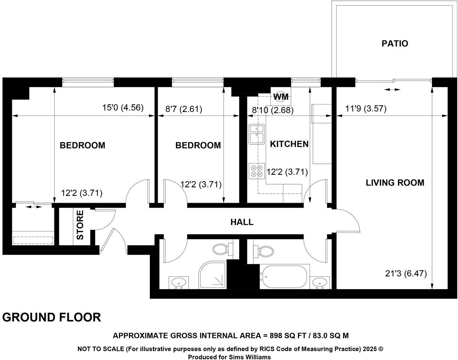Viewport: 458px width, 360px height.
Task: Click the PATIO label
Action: coord(395,44)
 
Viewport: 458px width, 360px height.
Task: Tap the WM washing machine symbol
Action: coord(281,96)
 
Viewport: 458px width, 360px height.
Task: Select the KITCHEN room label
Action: coord(289,144)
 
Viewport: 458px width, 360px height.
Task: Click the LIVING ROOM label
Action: coord(395,183)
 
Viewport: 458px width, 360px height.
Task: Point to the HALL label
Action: coord(242,222)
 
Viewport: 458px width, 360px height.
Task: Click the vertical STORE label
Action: coord(80,225)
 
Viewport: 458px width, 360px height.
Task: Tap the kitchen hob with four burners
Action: coord(257,171)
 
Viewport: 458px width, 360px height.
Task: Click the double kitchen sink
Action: coord(257,134)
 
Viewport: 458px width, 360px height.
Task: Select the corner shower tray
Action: coord(212,275)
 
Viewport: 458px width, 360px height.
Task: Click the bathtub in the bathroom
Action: coord(284,276)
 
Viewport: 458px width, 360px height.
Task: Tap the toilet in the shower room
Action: coord(223,249)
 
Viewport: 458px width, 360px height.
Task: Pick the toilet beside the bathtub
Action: coord(263,251)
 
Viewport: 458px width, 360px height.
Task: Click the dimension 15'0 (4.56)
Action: coord(123,108)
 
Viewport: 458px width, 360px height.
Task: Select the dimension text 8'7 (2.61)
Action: coord(184,109)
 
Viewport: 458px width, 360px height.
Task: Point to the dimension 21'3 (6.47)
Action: coord(406,273)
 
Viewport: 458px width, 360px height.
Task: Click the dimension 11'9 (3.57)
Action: coord(365,109)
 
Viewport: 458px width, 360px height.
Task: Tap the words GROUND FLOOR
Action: coord(51,318)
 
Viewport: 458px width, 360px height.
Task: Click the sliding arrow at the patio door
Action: coord(392,90)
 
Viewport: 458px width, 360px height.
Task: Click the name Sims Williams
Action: coord(250,357)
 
